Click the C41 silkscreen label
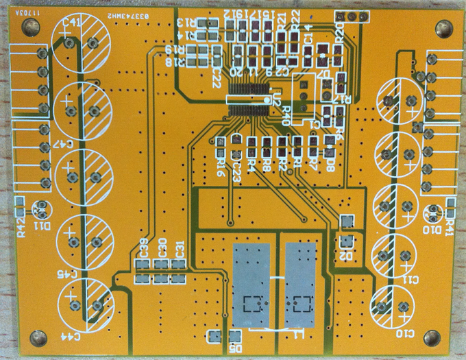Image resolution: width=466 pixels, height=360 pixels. pos(71,23)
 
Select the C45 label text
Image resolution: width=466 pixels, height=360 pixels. pos(71,273)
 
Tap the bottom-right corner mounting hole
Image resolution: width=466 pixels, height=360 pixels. pos(432,337)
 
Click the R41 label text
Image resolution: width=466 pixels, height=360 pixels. pos(450,227)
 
